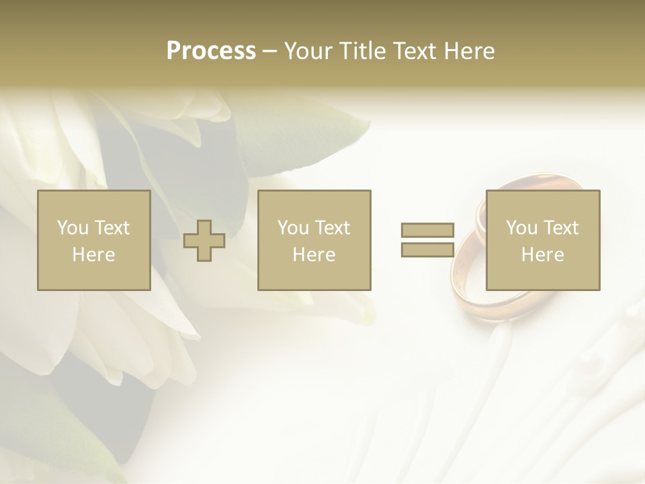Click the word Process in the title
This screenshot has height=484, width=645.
[x=211, y=51]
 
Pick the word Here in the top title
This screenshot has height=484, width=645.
[x=471, y=51]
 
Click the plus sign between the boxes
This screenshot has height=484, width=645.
[x=204, y=241]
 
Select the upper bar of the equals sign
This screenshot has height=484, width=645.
[x=427, y=230]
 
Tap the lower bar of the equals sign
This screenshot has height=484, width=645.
[x=427, y=250]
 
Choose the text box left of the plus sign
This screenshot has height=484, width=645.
[x=94, y=241]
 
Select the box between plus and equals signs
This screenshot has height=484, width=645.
[x=314, y=241]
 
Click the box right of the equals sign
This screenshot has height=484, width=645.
[x=543, y=241]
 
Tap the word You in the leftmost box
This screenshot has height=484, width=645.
[x=72, y=228]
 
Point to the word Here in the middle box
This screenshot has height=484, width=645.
[x=314, y=255]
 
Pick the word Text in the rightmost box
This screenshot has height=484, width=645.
[x=560, y=228]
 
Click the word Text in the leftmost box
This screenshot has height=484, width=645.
[x=112, y=228]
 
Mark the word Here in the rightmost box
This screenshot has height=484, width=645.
[x=543, y=255]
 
